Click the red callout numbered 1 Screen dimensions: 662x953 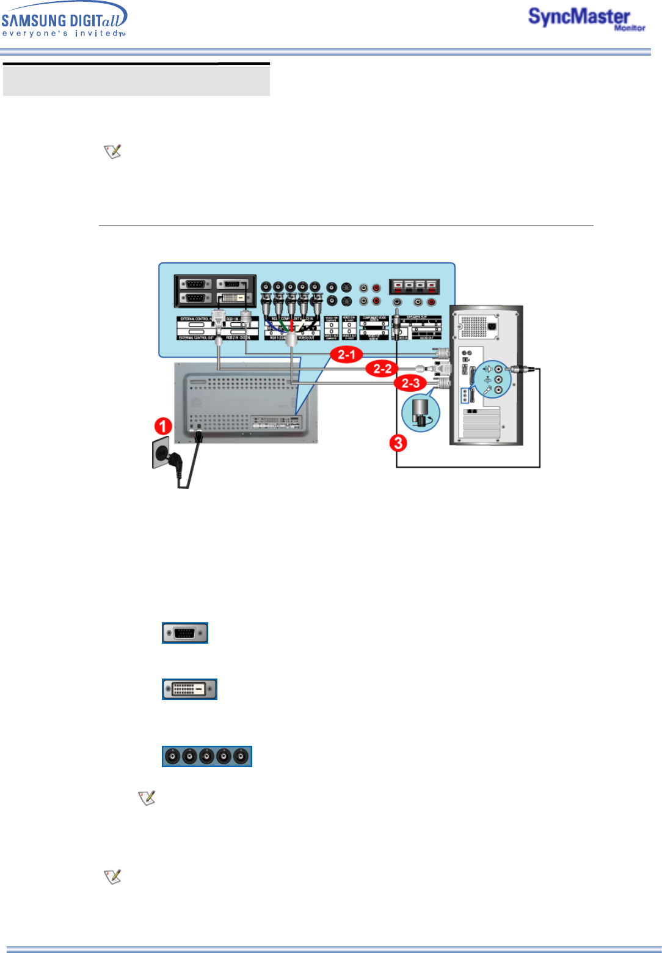point(162,426)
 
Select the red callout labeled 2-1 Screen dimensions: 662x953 point(346,355)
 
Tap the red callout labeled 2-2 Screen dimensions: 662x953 point(382,369)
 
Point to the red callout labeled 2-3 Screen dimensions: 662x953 point(410,383)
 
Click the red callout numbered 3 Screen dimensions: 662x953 point(398,443)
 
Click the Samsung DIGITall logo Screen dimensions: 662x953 point(64,20)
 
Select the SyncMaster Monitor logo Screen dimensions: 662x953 point(585,19)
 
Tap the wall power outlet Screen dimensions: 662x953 point(161,452)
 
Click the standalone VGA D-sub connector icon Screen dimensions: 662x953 point(185,633)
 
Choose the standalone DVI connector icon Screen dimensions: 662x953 point(189,690)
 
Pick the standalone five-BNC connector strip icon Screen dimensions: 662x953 point(207,757)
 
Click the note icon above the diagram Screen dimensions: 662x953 point(113,151)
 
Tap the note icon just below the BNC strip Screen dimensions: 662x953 point(147,798)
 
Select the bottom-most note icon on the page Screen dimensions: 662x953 point(113,877)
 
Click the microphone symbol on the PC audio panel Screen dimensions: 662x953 point(488,390)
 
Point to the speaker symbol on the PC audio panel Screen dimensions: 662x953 point(487,369)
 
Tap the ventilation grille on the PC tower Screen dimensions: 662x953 point(473,326)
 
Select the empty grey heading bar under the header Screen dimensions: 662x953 point(136,81)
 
